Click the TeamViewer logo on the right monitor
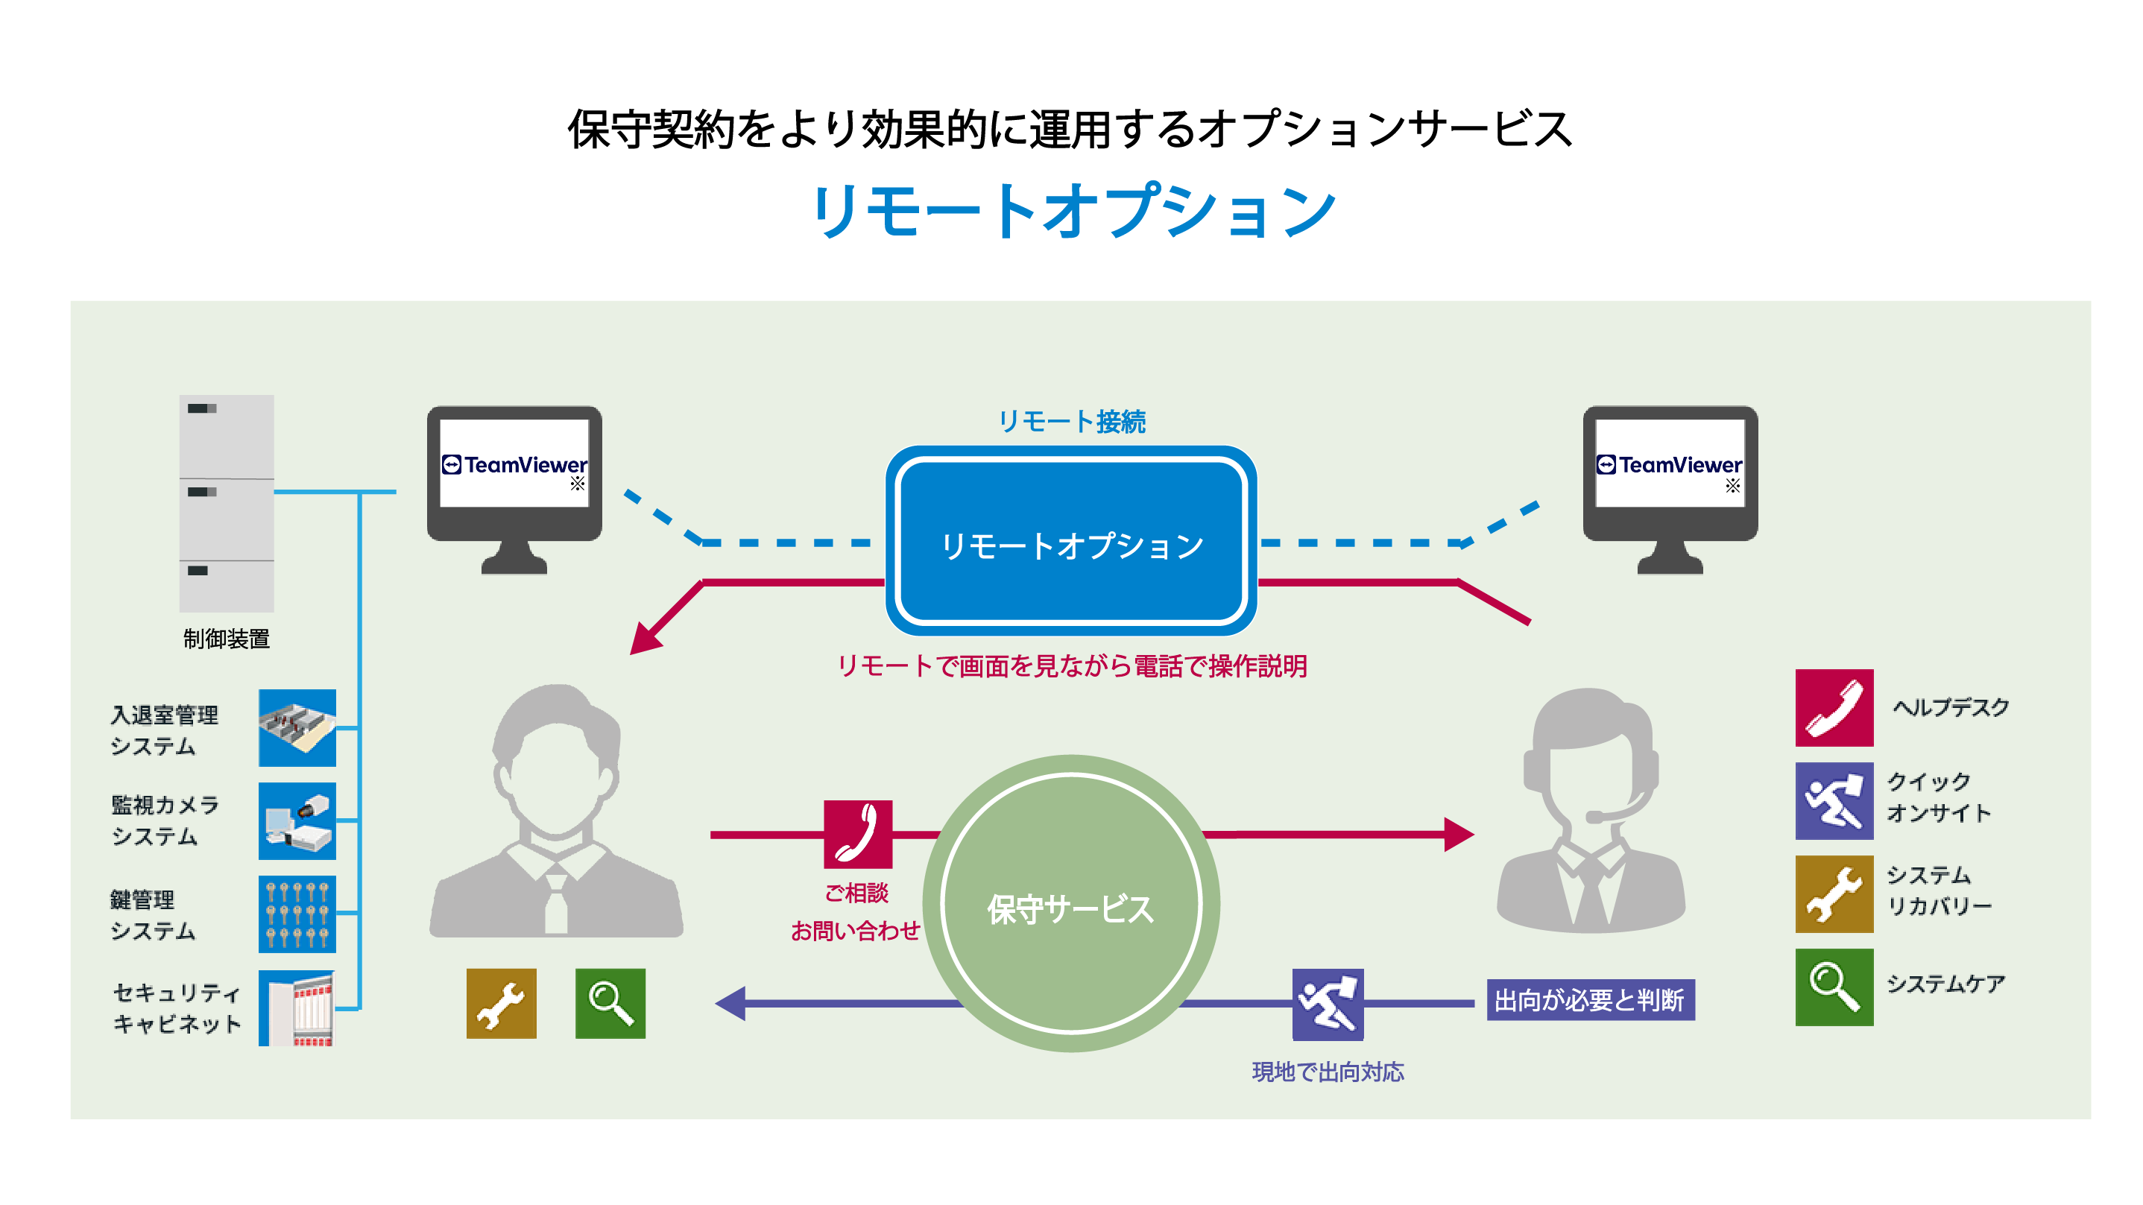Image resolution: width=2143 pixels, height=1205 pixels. click(x=1669, y=464)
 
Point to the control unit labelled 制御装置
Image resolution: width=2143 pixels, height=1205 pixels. click(x=227, y=503)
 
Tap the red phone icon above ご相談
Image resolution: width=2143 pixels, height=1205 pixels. click(x=858, y=834)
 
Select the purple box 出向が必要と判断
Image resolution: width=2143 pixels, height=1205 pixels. click(x=1590, y=999)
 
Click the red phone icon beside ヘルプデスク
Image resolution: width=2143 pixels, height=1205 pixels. click(x=1834, y=708)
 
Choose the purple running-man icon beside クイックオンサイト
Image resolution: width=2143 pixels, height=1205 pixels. click(x=1834, y=801)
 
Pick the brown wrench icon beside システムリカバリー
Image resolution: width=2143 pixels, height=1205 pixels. click(x=1834, y=894)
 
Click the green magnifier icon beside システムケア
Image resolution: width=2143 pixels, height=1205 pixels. click(x=1834, y=987)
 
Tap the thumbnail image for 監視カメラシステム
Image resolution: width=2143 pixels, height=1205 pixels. click(x=297, y=820)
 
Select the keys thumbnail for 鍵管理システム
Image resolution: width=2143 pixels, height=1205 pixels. click(x=297, y=914)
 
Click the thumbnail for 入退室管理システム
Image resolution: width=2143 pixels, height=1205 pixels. click(x=297, y=727)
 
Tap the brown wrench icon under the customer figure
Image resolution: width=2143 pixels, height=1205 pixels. click(x=501, y=1003)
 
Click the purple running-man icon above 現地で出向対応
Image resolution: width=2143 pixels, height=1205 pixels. click(x=1327, y=1004)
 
